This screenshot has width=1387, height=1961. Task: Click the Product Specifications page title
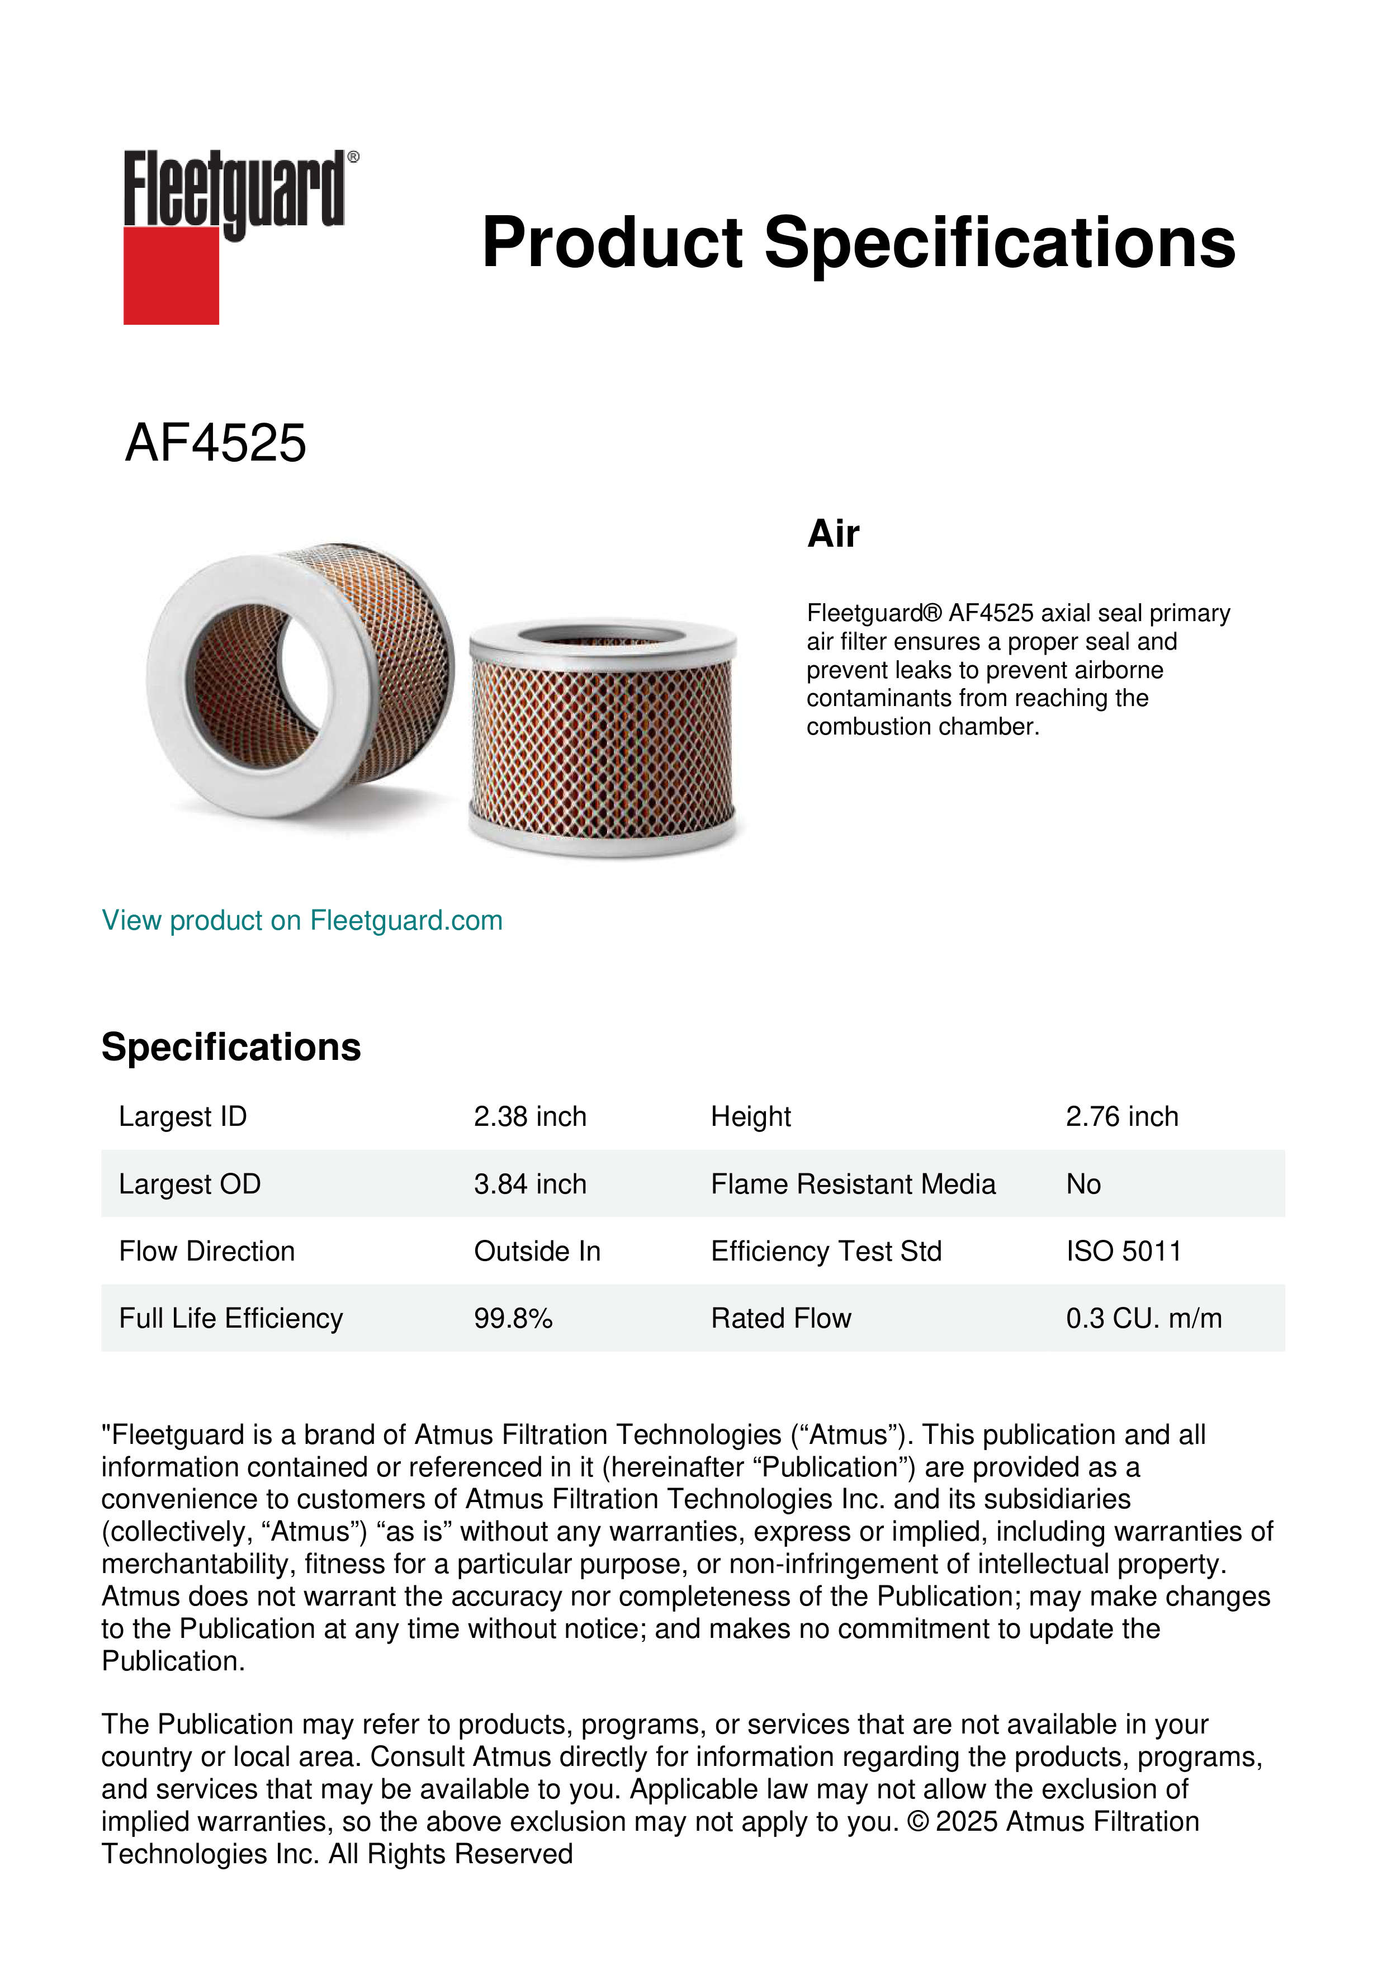coord(858,243)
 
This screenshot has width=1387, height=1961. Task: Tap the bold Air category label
coord(833,534)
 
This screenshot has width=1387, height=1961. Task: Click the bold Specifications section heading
coord(230,1046)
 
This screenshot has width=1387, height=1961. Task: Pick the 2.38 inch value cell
coord(529,1116)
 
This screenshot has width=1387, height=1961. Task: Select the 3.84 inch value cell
coord(529,1184)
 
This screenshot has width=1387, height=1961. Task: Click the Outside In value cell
coord(536,1251)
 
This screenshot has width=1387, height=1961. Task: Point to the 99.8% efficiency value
coord(513,1318)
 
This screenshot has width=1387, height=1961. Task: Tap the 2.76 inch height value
coord(1121,1116)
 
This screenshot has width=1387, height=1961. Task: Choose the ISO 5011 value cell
coord(1123,1251)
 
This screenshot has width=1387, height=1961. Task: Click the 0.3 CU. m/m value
coord(1143,1318)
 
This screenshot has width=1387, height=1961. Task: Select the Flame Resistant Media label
coord(853,1184)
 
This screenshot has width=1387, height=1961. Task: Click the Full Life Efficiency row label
coord(230,1318)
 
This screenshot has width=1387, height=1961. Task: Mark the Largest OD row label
coord(190,1184)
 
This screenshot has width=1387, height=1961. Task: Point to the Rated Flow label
coord(780,1318)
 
